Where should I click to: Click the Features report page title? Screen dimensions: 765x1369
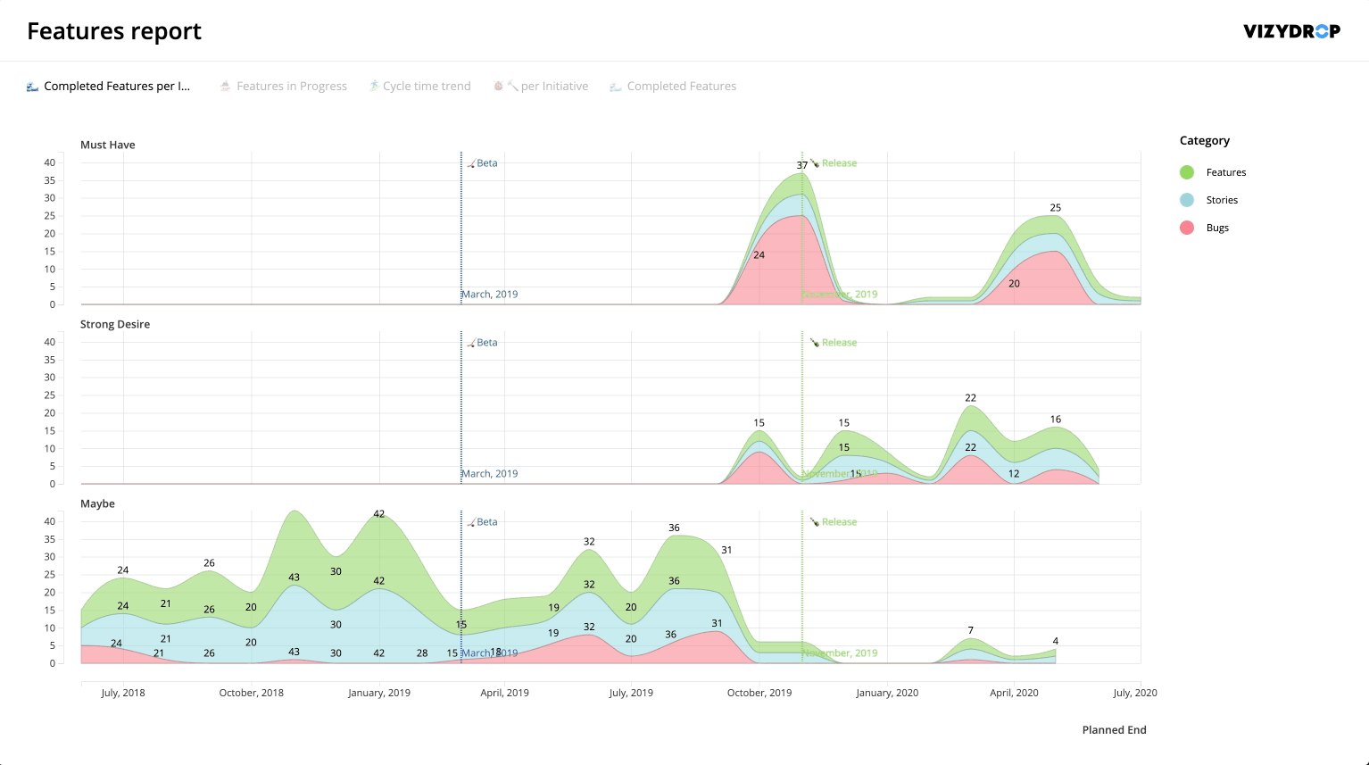pos(114,31)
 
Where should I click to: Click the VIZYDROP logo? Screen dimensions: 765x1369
pos(1291,31)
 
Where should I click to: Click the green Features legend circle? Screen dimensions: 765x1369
pos(1187,172)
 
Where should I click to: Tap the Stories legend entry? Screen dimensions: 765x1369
pos(1222,200)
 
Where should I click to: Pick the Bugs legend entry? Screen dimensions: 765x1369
pos(1217,228)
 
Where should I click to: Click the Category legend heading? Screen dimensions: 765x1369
pos(1205,141)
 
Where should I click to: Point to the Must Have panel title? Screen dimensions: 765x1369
pos(108,145)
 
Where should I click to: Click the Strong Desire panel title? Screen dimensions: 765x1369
pos(115,324)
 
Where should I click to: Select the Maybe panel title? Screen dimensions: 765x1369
pos(97,503)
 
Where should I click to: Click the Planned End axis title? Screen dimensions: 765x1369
pos(1114,730)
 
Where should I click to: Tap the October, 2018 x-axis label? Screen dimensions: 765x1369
pos(252,693)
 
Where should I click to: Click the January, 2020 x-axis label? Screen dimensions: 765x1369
pos(887,693)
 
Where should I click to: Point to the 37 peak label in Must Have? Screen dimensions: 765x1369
pos(802,165)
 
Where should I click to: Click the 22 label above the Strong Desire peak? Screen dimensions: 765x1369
pos(971,398)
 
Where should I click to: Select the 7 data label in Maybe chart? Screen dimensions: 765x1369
pos(971,631)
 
